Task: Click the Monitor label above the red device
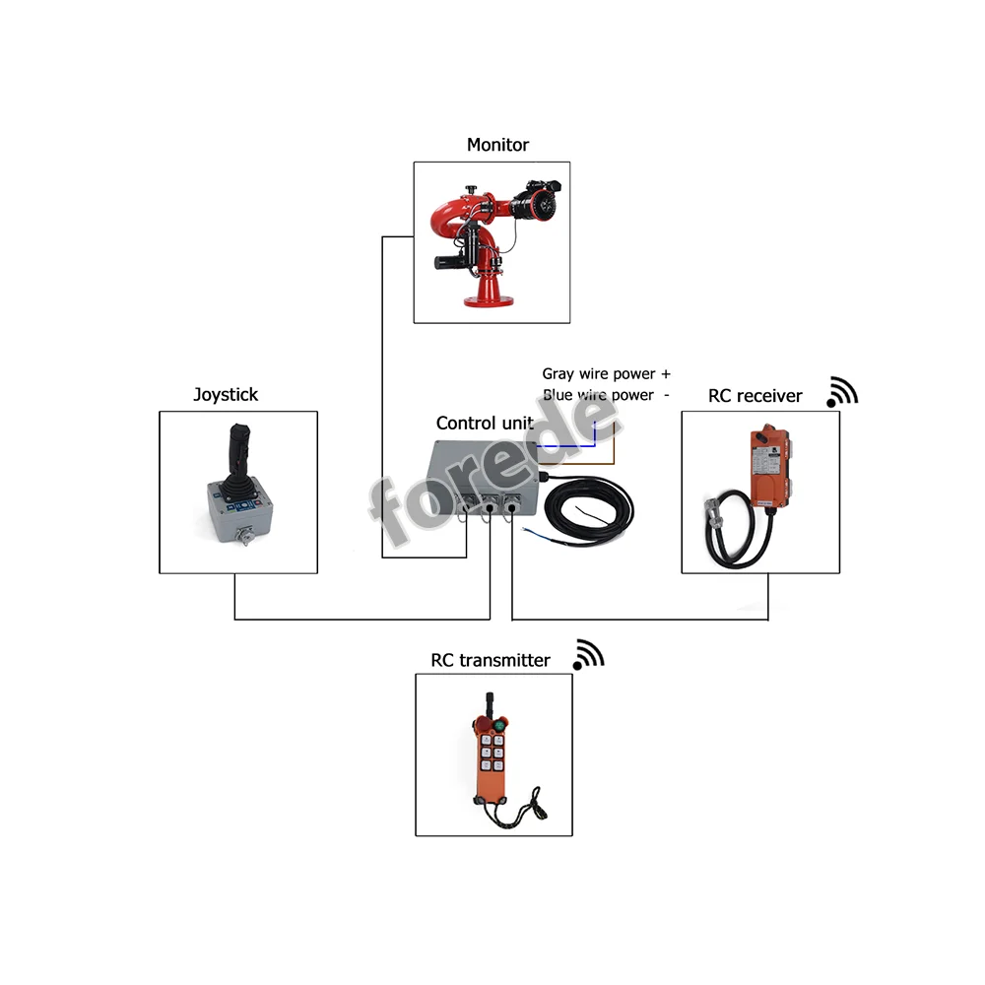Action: pyautogui.click(x=497, y=145)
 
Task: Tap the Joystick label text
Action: pyautogui.click(x=226, y=395)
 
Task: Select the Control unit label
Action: pyautogui.click(x=484, y=423)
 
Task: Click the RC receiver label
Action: pyautogui.click(x=755, y=396)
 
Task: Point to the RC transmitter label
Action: pyautogui.click(x=490, y=660)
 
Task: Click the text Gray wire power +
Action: pyautogui.click(x=606, y=374)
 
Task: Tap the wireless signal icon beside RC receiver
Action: pyautogui.click(x=842, y=392)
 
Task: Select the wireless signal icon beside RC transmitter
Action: pyautogui.click(x=588, y=654)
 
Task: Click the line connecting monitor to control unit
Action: pyautogui.click(x=382, y=394)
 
